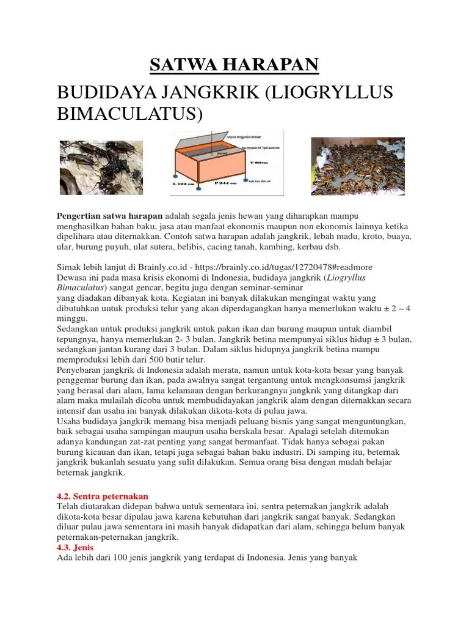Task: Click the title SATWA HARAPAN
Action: [x=234, y=65]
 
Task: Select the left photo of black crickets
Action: [x=101, y=168]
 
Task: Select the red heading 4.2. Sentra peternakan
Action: [x=102, y=496]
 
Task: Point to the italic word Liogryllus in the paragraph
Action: [x=349, y=278]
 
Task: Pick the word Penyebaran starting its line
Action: [x=80, y=370]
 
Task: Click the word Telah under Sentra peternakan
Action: [x=68, y=507]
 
